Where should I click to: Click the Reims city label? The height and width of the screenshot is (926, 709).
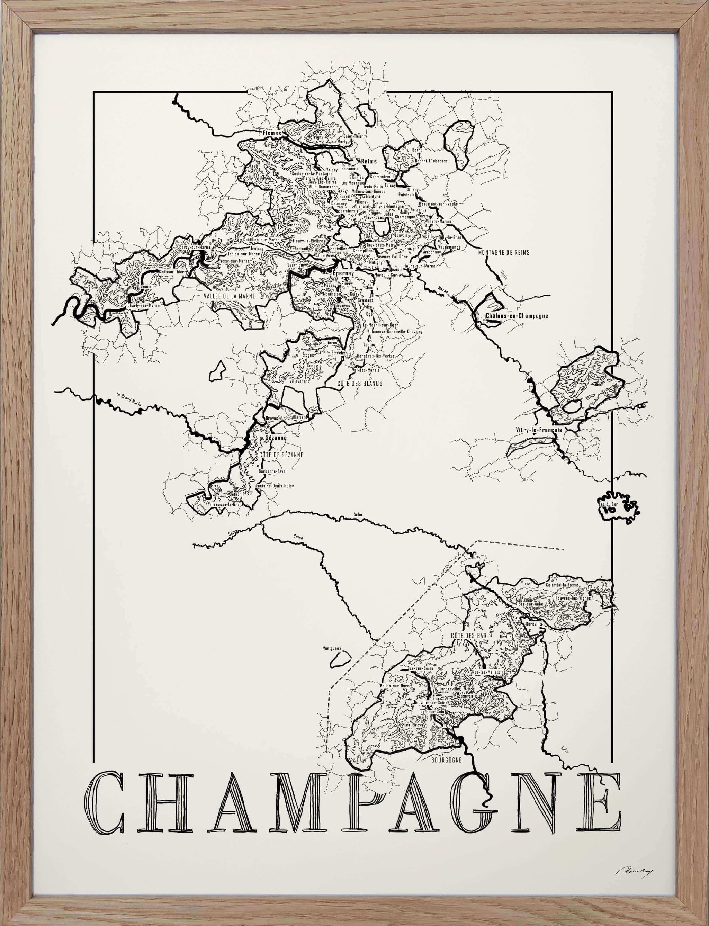point(369,161)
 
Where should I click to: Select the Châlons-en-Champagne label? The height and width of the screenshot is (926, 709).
point(517,316)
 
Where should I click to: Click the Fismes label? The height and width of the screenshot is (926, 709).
point(272,133)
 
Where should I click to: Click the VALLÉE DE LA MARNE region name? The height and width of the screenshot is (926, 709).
point(230,296)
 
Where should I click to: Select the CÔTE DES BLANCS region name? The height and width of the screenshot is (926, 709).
point(360,383)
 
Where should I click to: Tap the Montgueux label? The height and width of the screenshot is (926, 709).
point(332,649)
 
